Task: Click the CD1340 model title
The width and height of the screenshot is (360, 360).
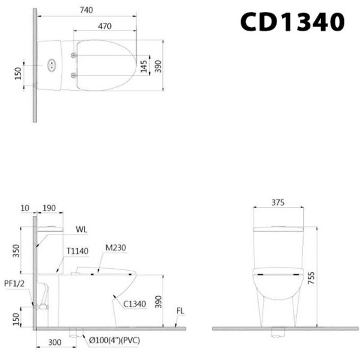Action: point(292,22)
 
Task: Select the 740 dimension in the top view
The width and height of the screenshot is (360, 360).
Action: point(86,10)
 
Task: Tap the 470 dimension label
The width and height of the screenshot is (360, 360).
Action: point(104,26)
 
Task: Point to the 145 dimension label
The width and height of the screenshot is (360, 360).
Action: point(144,66)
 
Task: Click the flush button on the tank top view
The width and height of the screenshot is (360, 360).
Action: point(52,65)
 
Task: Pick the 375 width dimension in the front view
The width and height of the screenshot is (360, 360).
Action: point(278,203)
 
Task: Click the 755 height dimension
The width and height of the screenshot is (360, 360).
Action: point(311,278)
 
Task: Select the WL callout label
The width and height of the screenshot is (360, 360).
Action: point(82,229)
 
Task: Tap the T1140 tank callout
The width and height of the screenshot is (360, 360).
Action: point(77,251)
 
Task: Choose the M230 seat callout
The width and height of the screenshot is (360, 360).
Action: point(116,248)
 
